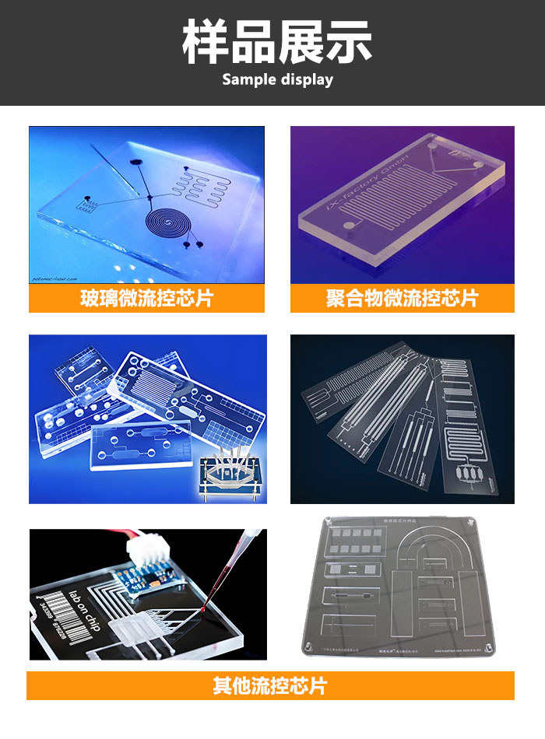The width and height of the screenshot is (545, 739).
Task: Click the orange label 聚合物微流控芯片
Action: (402, 298)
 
